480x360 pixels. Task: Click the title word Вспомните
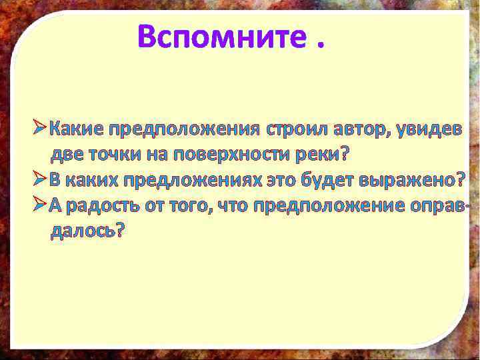pyautogui.click(x=219, y=36)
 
